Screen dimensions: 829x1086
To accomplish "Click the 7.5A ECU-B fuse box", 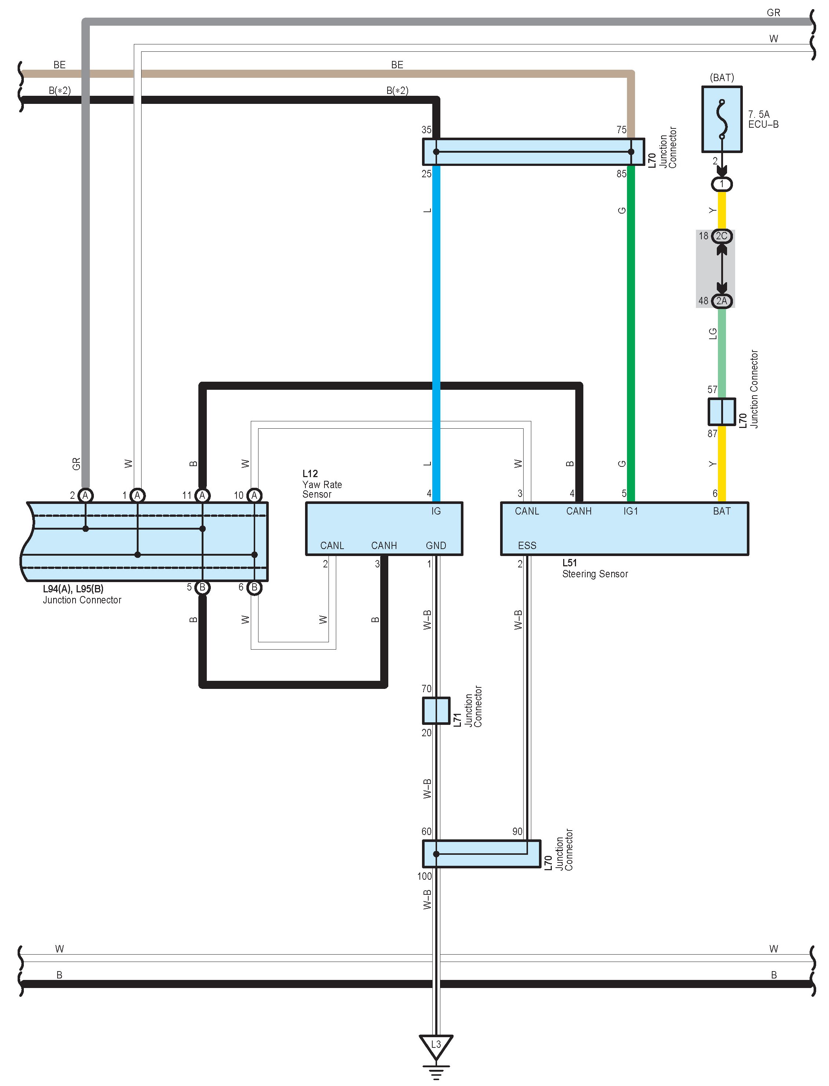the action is click(722, 119).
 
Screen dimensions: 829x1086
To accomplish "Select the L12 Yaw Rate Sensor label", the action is click(322, 484).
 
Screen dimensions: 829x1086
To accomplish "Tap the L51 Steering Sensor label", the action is click(595, 569).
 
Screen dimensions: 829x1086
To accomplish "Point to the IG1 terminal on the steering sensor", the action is click(630, 511).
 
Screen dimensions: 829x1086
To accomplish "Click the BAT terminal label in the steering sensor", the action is click(722, 511).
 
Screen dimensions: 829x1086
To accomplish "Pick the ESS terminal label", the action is click(527, 545).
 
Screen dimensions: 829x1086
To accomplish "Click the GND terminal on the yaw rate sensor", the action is click(436, 545).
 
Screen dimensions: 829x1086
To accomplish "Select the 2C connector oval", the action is click(722, 236).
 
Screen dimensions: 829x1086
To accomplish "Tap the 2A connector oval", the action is click(722, 301).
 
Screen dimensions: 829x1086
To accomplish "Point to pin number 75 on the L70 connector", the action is click(621, 130).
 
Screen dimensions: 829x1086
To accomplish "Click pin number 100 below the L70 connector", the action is click(424, 876).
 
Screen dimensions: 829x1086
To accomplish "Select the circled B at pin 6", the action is click(254, 587).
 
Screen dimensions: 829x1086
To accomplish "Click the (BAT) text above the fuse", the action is click(722, 77).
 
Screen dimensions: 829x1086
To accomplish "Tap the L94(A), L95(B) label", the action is click(73, 589).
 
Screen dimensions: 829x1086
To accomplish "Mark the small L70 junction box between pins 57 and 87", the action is click(722, 411).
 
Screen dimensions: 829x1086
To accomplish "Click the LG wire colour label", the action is click(712, 334).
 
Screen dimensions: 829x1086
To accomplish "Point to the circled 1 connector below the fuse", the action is click(722, 184).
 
